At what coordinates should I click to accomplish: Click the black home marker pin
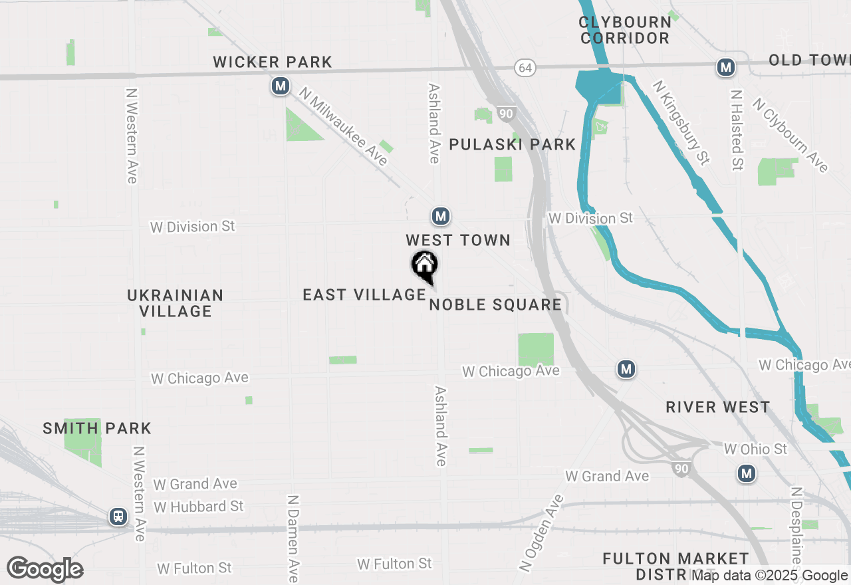[424, 267]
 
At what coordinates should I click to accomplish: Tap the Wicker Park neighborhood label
[273, 62]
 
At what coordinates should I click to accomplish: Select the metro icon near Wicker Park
[281, 86]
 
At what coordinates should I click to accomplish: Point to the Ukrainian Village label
[176, 303]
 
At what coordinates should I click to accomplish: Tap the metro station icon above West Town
[440, 216]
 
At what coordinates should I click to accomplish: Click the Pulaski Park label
[512, 144]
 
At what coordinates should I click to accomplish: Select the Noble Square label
[495, 305]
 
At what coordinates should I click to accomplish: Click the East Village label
[364, 294]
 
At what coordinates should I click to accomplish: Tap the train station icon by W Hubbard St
[118, 516]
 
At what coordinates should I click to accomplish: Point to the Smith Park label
[97, 428]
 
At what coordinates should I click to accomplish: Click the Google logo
[45, 570]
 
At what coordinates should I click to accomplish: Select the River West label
[718, 407]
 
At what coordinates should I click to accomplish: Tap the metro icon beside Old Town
[725, 67]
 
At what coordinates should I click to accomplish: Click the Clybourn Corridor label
[624, 30]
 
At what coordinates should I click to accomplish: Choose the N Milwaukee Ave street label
[343, 127]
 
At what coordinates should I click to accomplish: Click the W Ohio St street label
[755, 449]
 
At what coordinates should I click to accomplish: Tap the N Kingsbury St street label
[681, 122]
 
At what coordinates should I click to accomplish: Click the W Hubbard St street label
[198, 507]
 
